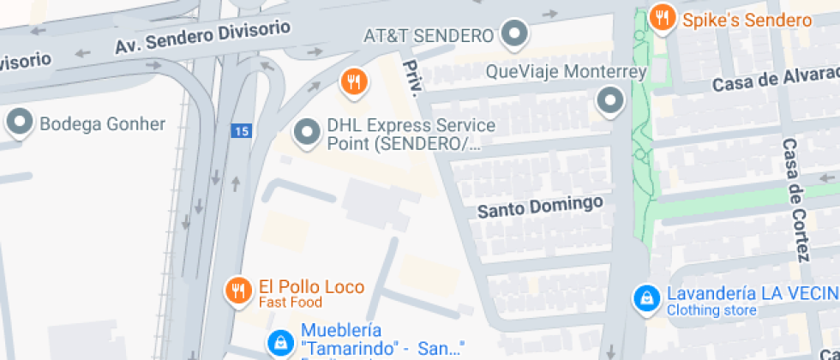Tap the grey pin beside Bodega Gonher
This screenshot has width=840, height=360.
coord(19,123)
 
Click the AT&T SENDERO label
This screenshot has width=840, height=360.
coord(429,35)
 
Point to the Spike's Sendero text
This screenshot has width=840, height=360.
coord(747,21)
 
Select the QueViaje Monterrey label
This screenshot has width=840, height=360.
coord(566,72)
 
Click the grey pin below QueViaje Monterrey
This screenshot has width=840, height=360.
coord(609,101)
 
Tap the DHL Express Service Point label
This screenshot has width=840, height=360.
coord(411,135)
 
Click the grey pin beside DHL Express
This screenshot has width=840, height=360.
coord(306,133)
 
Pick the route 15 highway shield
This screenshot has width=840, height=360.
coord(241,131)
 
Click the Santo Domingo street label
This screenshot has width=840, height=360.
coord(540,207)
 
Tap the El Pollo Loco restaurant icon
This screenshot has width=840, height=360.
coord(237,290)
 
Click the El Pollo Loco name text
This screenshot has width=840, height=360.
coord(311,287)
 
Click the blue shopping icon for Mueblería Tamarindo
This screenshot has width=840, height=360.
coord(279,341)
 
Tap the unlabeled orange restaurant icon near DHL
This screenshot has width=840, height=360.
coord(353,81)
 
